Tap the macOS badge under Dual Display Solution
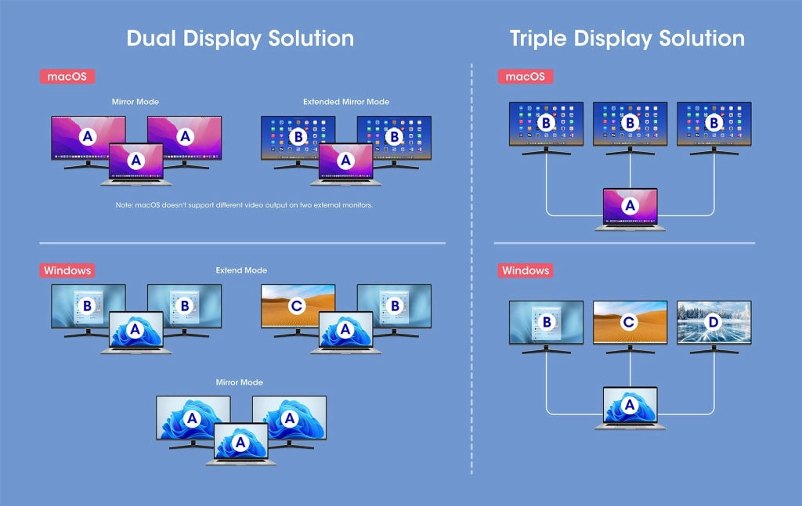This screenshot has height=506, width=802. point(67,77)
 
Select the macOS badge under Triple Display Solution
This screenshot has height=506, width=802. point(526,77)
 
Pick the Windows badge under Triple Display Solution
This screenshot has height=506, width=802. point(526,271)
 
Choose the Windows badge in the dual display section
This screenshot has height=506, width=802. point(67,271)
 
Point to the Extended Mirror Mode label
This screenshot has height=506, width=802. point(346,102)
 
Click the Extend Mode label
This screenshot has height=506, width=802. point(241,270)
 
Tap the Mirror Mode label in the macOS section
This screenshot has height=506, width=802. point(135,102)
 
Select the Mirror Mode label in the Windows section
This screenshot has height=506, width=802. point(240,382)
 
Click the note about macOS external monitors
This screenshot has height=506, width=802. point(244,205)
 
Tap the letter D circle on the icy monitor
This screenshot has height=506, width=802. point(713,322)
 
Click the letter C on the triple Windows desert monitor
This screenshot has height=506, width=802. point(629,322)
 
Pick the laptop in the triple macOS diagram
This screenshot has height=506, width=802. point(630,209)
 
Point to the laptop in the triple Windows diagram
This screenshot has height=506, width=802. point(630,408)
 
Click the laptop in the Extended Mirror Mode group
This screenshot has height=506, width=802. point(345,164)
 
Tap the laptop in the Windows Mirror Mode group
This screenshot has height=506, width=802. point(241,444)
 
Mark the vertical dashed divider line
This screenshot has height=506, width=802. point(471,269)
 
